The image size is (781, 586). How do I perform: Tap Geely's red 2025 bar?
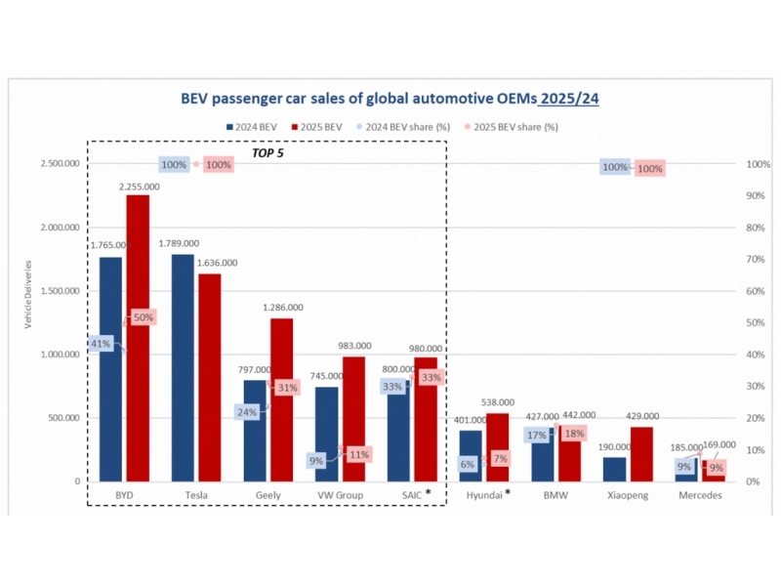pos(281,399)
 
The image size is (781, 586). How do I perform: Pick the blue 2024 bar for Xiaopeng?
pos(614,469)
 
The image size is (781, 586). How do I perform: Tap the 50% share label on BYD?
pos(144,317)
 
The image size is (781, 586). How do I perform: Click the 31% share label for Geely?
pos(287,388)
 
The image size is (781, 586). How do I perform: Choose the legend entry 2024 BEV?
pos(253,127)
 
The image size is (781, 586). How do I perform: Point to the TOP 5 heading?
pos(268,153)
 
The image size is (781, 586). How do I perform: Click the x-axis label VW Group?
pos(340,495)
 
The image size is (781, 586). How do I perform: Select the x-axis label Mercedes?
pos(700,495)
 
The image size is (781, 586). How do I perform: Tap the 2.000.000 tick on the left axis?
pos(61,228)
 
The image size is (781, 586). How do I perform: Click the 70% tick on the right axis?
pos(753,259)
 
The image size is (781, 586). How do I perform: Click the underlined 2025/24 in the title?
pos(569,99)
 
